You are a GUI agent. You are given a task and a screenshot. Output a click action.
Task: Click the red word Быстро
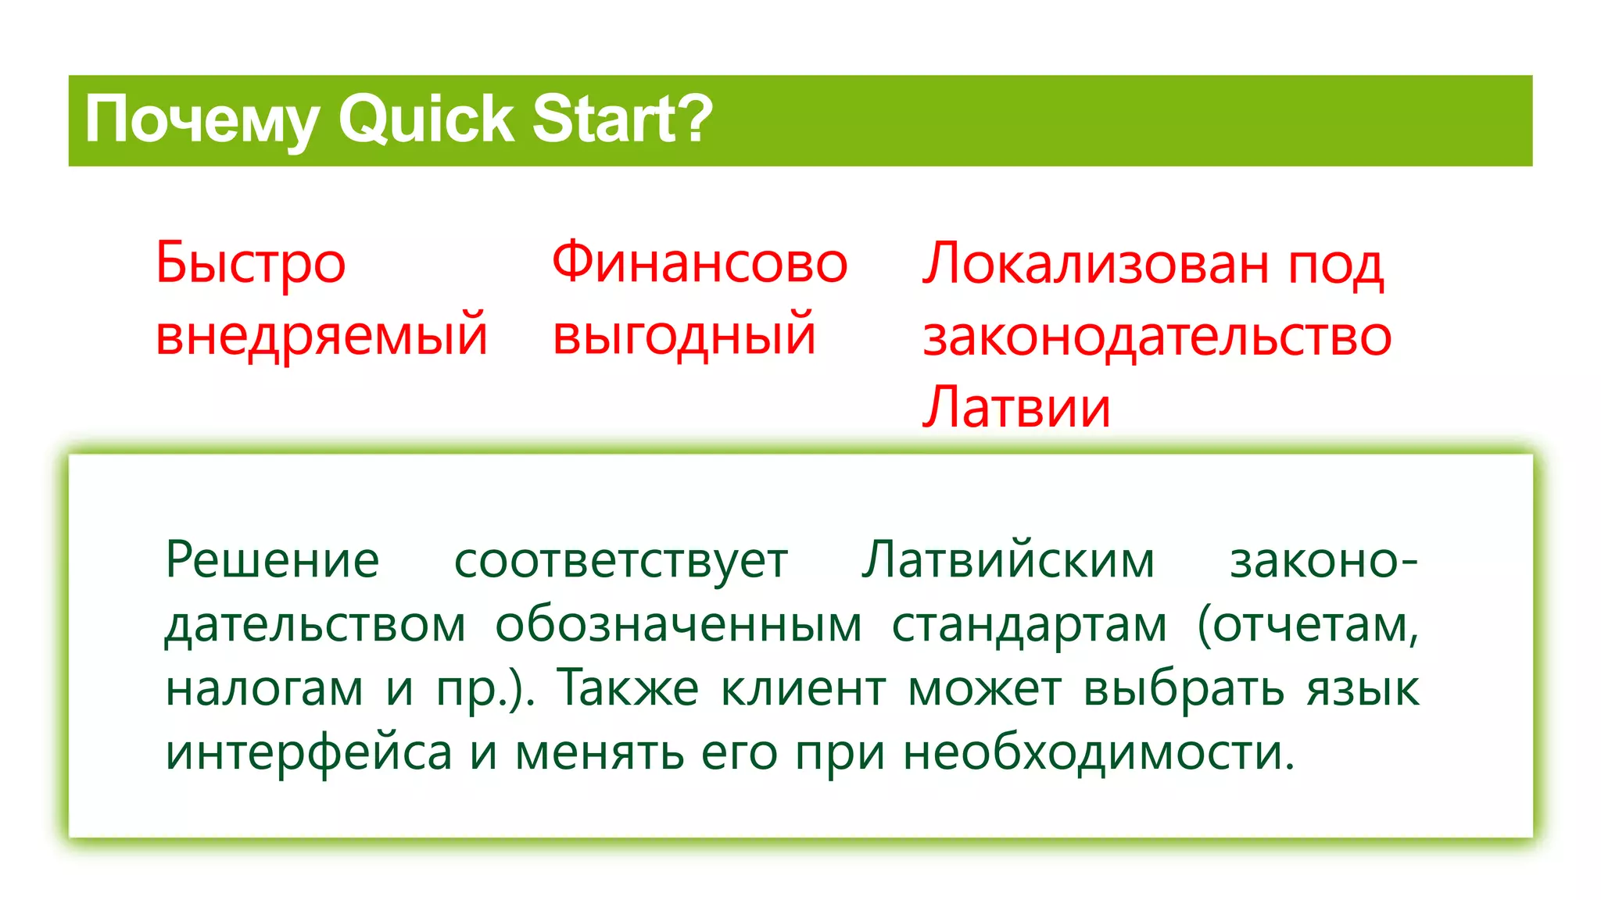click(x=250, y=263)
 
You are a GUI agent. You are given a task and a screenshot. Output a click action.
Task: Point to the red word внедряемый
click(x=321, y=334)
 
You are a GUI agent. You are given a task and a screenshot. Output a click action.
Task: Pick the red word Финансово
click(x=700, y=263)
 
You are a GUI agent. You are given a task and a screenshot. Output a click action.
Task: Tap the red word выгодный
click(x=684, y=334)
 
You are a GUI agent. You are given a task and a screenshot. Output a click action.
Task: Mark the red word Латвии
click(x=1016, y=407)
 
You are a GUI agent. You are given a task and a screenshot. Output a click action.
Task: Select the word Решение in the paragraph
click(x=272, y=561)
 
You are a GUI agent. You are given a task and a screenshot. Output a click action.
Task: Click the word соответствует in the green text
click(x=621, y=561)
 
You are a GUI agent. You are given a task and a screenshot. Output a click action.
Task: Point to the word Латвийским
click(x=1008, y=561)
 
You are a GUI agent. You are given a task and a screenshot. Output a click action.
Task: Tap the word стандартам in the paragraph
click(x=1030, y=625)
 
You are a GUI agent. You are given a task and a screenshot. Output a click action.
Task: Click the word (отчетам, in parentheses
click(x=1308, y=625)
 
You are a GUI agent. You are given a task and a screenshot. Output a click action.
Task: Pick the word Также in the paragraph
click(x=628, y=689)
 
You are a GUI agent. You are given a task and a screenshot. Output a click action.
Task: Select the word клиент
click(x=803, y=689)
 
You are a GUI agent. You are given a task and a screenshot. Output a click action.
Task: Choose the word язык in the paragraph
click(x=1363, y=689)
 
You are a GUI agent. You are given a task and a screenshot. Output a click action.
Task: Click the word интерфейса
click(x=309, y=753)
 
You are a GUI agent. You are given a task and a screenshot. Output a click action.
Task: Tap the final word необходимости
click(x=1098, y=753)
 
